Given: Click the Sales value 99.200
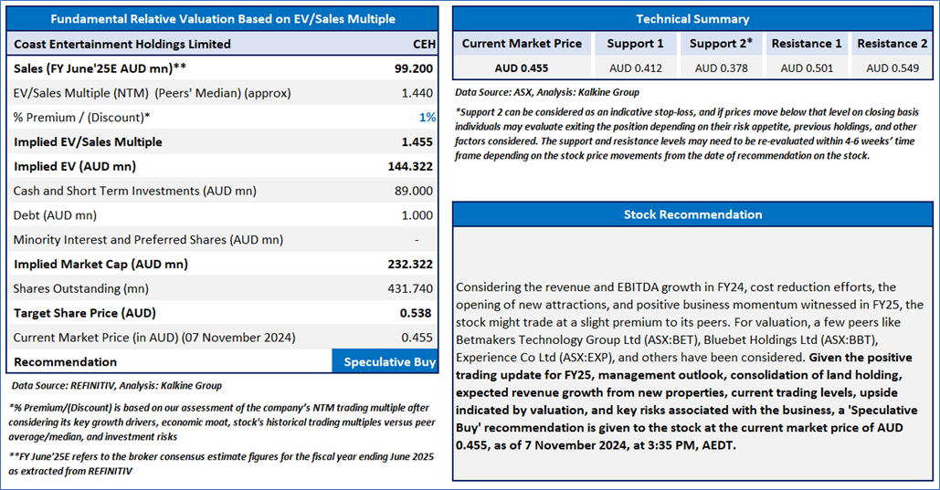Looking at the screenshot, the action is [x=413, y=68].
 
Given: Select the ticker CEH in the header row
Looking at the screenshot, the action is [x=424, y=45].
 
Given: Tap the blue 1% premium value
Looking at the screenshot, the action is [x=427, y=118].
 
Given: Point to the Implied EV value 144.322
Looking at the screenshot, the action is [x=410, y=167].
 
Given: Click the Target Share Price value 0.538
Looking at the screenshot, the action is [x=416, y=313].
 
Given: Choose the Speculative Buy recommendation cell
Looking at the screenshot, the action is [x=385, y=362].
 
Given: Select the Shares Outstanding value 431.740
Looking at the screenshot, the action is [x=410, y=288].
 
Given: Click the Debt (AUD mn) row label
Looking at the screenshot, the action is [x=55, y=215].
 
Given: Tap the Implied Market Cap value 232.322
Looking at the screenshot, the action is [x=410, y=265].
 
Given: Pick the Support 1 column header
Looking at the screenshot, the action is [x=635, y=44].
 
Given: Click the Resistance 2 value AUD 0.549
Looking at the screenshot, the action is [x=892, y=68].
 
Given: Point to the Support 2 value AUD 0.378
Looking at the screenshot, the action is [x=721, y=68].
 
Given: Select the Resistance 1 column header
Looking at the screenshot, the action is [x=807, y=44].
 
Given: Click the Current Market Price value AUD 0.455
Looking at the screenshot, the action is [x=522, y=68].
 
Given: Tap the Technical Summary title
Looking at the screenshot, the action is [x=692, y=19].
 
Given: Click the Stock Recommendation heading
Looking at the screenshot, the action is [x=692, y=214].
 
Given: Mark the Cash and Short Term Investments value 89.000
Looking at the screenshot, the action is [x=417, y=191].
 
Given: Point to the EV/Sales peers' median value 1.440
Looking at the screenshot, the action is [x=417, y=93].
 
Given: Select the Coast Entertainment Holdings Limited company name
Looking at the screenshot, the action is [x=122, y=45].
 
